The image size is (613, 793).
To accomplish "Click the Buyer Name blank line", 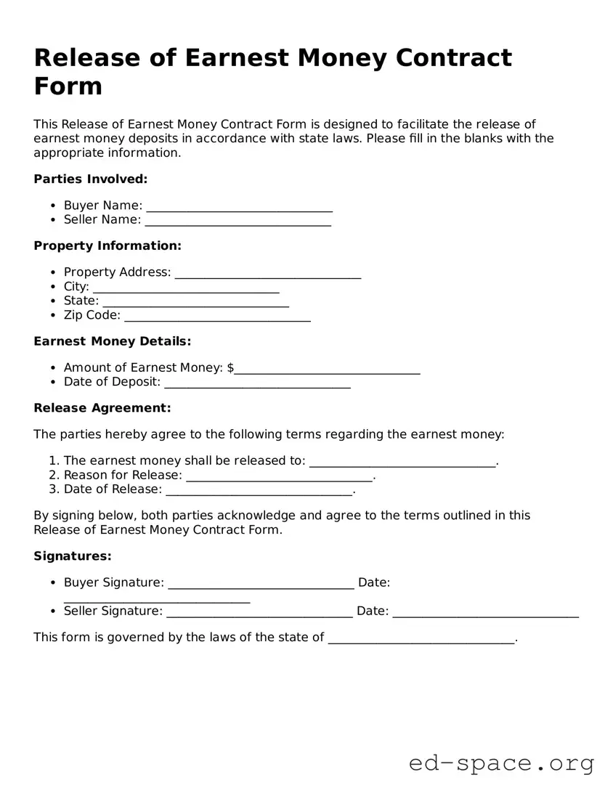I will (239, 207).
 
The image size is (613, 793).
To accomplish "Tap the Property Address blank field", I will (268, 274).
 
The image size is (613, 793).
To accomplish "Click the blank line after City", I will (186, 288).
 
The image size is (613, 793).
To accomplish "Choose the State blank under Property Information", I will (196, 302).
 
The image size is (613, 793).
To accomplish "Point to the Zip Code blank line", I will (218, 317).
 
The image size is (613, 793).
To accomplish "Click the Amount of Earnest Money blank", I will (327, 370).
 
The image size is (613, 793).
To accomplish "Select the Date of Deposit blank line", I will (257, 383).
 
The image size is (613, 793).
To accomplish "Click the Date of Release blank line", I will (259, 491).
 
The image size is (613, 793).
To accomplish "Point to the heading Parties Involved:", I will (91, 179).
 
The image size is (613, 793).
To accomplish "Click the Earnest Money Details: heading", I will (113, 341).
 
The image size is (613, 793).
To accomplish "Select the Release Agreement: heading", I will (102, 408).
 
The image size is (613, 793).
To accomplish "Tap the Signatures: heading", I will (73, 556).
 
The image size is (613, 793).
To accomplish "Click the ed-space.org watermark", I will (501, 763).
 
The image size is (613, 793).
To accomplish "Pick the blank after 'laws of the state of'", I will (421, 639).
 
